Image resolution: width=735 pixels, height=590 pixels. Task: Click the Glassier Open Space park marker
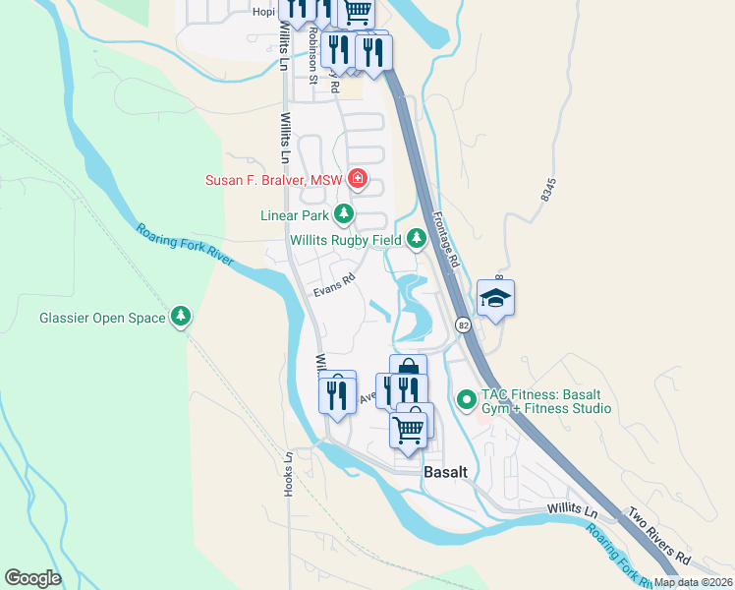(x=180, y=317)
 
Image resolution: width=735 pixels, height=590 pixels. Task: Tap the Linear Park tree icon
(x=343, y=213)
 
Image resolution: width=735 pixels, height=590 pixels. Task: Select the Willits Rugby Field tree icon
(x=417, y=238)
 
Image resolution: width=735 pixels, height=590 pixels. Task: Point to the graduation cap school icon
(x=496, y=297)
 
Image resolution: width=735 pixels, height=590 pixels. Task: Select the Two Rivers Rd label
(x=659, y=537)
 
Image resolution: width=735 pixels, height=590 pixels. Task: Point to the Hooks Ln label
(x=289, y=474)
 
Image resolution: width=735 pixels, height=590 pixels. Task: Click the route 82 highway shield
(x=461, y=324)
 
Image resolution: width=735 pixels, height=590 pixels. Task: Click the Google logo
(x=32, y=577)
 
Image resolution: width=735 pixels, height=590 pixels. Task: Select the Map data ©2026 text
(x=694, y=582)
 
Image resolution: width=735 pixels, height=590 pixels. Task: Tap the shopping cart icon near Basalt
(x=408, y=428)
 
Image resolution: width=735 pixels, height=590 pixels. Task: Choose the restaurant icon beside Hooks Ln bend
(x=336, y=394)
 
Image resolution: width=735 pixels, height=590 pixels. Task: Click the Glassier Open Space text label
(x=102, y=318)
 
